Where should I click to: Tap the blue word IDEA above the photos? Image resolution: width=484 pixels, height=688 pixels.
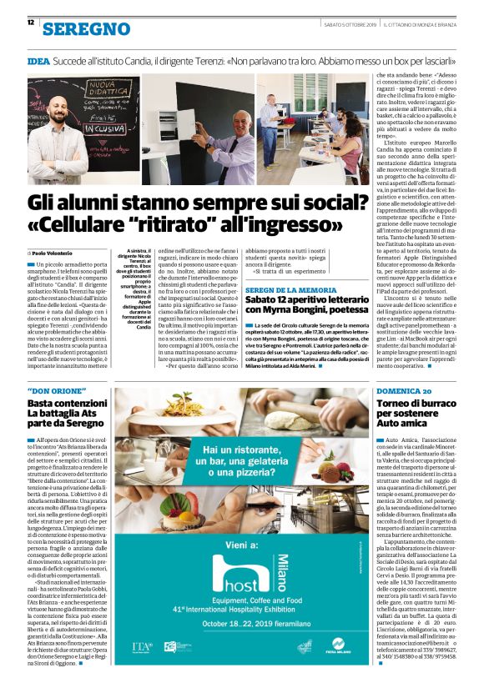click(x=38, y=63)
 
